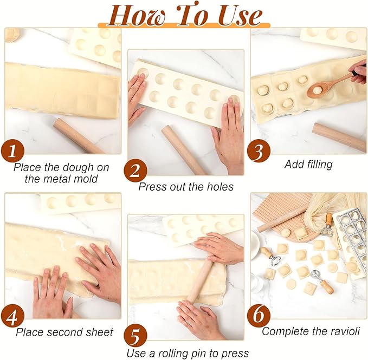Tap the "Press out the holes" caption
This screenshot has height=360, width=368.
(x=185, y=187)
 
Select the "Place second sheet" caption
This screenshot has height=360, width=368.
(x=64, y=332)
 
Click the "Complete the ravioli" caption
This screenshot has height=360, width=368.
(x=311, y=331)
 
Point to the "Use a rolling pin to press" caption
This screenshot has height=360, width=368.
(x=188, y=353)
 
